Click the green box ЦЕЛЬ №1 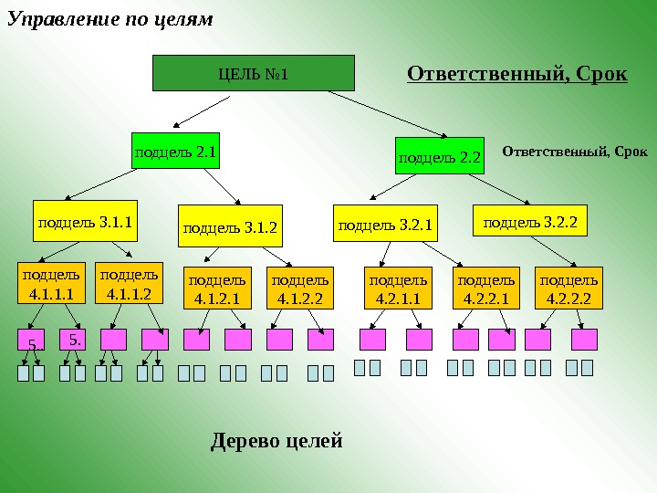253,73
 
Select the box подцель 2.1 175,152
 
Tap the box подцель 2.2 440,156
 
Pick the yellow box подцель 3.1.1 85,220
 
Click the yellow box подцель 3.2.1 384,222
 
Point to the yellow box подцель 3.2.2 529,220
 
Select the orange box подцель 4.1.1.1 51,284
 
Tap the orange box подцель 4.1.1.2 129,284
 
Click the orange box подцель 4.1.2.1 216,288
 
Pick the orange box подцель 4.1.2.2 300,288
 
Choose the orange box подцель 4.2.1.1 398,288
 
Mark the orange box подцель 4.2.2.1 485,288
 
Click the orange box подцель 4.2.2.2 568,288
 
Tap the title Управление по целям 109,18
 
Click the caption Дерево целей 276,442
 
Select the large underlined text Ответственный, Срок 516,73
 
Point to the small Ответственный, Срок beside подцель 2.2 575,150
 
